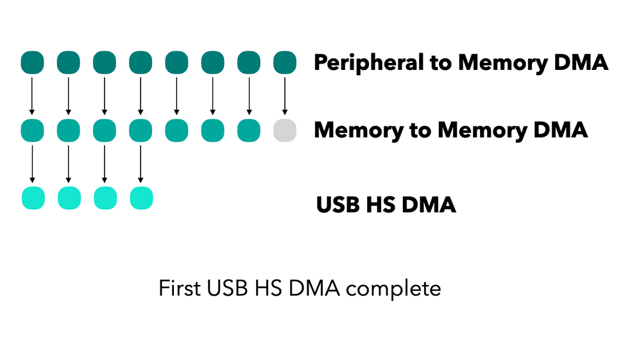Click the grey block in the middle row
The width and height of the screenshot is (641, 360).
coord(284,130)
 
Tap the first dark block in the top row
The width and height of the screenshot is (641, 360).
coord(32,63)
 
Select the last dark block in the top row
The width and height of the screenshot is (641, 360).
coord(284,63)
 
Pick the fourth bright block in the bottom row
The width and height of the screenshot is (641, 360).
coord(141,198)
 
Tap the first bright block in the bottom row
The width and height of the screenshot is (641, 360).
coord(32,198)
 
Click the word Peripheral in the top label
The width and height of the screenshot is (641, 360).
coord(366,64)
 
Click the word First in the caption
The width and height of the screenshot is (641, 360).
coord(179,288)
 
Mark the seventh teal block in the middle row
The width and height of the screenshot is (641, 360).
coord(248,130)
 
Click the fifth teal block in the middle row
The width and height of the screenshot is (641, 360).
coord(176,130)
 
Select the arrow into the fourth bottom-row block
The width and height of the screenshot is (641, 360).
coord(141,164)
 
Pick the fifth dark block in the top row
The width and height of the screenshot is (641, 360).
coord(176,63)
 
